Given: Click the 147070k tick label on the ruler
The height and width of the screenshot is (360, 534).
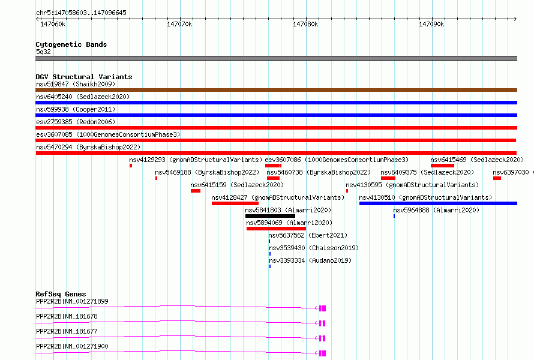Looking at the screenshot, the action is click(x=179, y=24).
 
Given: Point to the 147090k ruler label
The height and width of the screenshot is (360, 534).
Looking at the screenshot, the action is click(x=431, y=24).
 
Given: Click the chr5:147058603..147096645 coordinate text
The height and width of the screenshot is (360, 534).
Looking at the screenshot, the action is click(x=81, y=13).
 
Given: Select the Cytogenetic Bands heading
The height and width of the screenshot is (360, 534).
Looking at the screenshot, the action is click(x=71, y=44).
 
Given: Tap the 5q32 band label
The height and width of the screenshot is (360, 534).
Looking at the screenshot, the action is click(x=43, y=52).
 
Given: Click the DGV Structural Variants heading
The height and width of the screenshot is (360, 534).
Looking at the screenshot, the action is click(x=84, y=77).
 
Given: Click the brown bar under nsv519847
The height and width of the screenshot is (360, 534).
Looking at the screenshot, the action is click(x=276, y=90).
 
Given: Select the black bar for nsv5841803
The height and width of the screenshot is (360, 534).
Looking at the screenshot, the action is click(x=270, y=216).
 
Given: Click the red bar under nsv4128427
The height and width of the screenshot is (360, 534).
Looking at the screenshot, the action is click(x=235, y=203).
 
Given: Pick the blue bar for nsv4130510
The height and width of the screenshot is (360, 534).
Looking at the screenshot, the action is click(x=438, y=203).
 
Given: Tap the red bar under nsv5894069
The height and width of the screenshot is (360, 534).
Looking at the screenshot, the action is click(x=276, y=229).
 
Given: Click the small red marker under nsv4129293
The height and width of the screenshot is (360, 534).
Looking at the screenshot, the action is click(x=131, y=166).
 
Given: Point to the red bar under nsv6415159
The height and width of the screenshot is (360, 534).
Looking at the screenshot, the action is click(x=196, y=191).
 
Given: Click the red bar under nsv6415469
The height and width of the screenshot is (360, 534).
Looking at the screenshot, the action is click(x=442, y=166).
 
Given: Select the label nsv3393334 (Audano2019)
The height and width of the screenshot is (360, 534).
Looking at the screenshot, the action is click(x=310, y=260).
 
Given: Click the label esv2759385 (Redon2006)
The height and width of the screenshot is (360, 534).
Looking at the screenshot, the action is click(x=76, y=122).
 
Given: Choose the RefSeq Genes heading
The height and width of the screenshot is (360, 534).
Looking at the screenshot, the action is click(x=61, y=294).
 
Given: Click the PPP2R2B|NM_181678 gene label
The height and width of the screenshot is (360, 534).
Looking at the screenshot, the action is click(x=67, y=316).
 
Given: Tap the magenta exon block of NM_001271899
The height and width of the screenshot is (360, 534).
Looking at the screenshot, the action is click(x=323, y=308).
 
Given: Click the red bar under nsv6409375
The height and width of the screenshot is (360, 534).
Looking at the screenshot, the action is click(x=388, y=178).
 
